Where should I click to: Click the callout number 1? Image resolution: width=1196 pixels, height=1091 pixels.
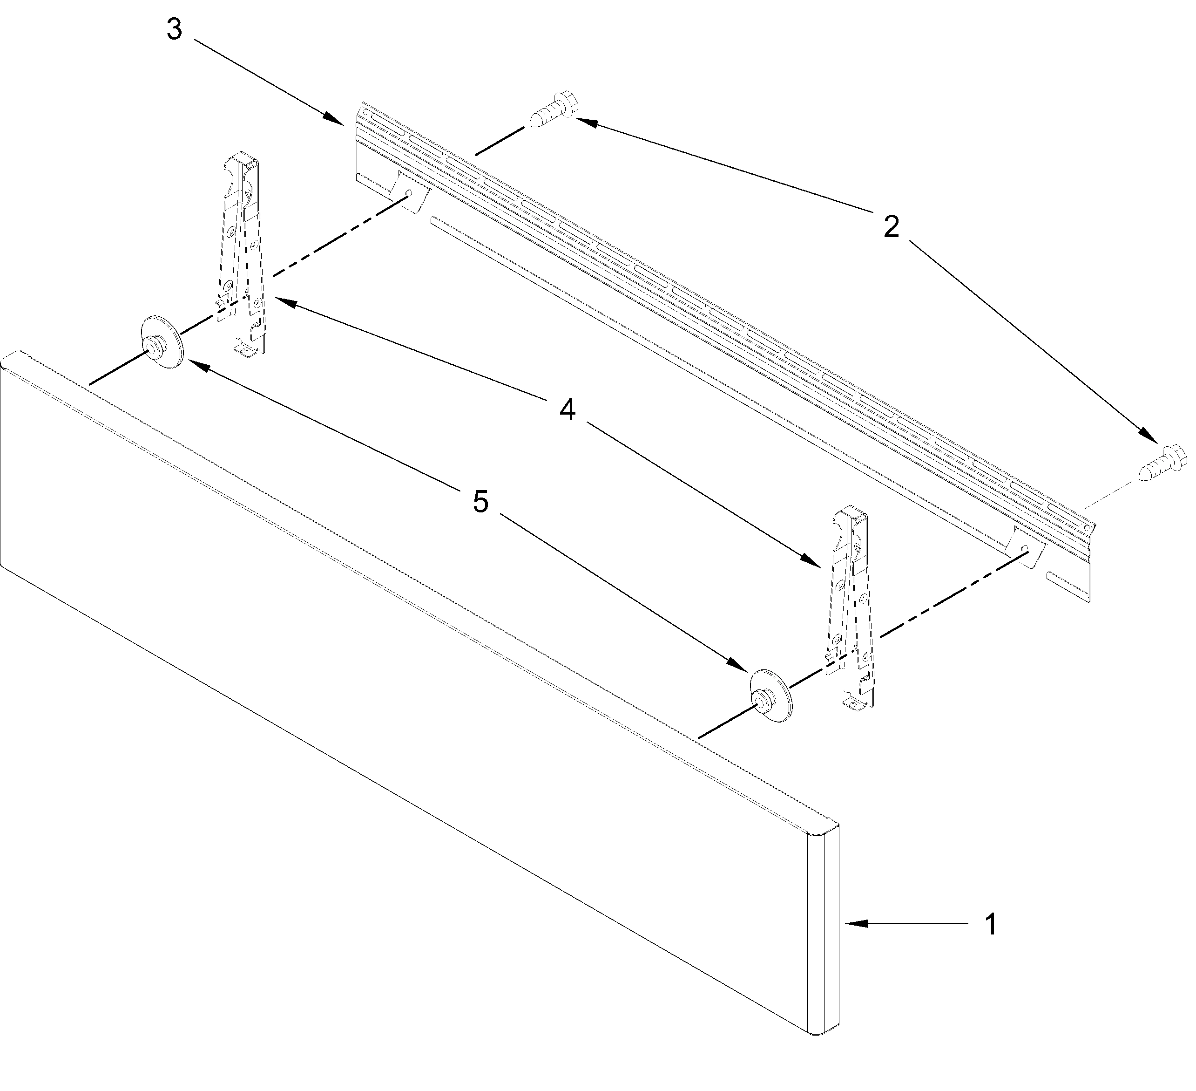coord(991,924)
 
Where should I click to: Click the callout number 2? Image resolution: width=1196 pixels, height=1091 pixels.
coord(891,227)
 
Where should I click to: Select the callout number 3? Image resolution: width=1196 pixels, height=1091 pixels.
coord(174,30)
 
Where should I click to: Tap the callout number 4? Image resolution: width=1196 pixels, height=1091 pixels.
coord(568,409)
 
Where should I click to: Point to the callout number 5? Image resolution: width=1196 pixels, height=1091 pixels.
coord(480,502)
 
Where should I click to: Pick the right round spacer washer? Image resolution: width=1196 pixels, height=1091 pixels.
coord(770,696)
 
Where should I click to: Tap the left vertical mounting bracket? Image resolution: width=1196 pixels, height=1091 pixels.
coord(244,255)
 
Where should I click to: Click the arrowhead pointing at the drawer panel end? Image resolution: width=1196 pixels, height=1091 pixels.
coord(854,923)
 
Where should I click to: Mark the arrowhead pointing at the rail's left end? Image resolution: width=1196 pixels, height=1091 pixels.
coord(335,118)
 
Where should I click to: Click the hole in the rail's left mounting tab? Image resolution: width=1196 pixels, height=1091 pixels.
coord(409,193)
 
